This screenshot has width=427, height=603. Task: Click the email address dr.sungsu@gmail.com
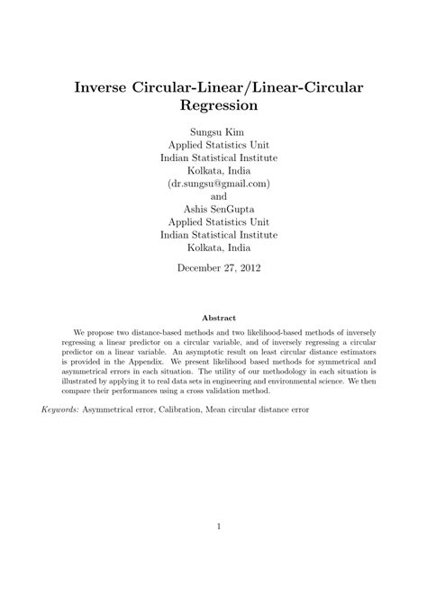(x=213, y=182)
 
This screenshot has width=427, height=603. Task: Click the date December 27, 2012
(x=213, y=268)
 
